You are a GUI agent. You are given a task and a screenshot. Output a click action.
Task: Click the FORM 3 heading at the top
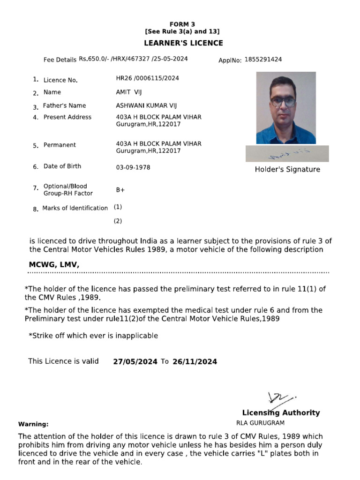coord(182,24)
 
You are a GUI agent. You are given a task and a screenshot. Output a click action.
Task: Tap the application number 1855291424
coord(263,60)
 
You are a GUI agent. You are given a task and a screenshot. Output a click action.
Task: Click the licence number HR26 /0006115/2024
coord(147,78)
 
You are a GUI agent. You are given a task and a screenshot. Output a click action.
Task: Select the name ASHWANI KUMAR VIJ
coord(146,106)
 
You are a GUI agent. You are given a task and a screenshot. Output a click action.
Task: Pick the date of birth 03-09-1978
coord(133,167)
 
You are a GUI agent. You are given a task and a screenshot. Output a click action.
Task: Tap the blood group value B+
coord(120,190)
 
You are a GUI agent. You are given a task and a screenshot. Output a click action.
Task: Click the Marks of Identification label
coord(75,208)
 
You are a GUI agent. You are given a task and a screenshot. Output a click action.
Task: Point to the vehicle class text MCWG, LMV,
coord(54,265)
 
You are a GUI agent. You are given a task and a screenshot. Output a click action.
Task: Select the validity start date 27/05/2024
coord(135,361)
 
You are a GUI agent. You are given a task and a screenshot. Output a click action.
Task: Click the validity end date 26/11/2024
coord(195,361)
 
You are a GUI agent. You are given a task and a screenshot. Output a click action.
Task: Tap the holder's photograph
coord(286,107)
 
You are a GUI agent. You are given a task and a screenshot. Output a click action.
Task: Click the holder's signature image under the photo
coord(287,154)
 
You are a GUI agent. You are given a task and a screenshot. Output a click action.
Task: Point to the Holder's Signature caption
coord(287,170)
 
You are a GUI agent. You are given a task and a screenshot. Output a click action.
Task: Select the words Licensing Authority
coord(281,413)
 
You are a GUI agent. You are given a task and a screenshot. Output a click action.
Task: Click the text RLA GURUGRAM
coord(267,423)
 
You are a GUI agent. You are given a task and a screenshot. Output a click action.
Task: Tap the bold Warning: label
coord(33,424)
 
